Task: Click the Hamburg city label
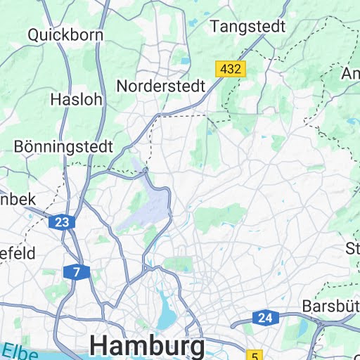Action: point(148,346)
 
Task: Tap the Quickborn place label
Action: point(65,34)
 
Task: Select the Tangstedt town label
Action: point(248,27)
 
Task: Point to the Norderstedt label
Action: point(160,86)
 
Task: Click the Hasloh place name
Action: point(76,100)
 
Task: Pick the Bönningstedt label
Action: point(63,147)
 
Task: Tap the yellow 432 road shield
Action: point(230,69)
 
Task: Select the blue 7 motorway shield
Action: point(76,271)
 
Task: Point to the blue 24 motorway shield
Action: point(264,318)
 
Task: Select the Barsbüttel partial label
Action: point(330,307)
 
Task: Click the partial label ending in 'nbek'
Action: point(17,199)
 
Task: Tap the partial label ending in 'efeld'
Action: point(17,254)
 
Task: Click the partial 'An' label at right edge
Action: point(351,74)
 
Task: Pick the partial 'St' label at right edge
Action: point(352,248)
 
